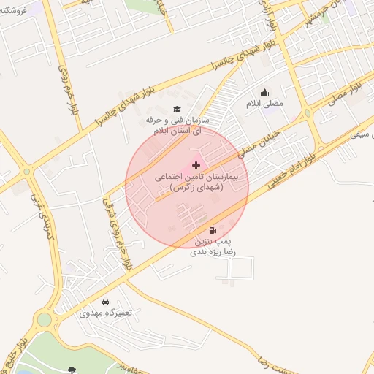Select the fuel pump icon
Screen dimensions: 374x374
tap(213, 230)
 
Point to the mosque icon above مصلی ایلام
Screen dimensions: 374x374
tap(265, 93)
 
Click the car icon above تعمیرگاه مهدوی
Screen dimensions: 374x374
tap(106, 301)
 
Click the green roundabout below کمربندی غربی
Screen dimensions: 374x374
tap(46, 319)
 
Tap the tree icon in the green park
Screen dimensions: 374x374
tap(72, 370)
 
